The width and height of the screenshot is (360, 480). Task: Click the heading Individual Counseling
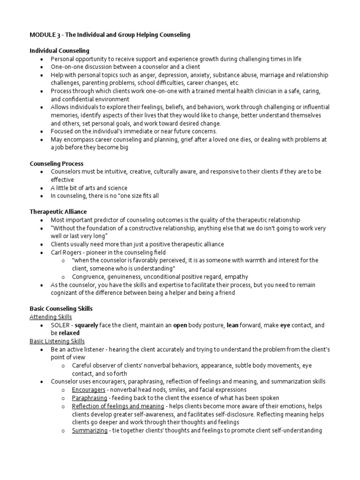tap(60, 51)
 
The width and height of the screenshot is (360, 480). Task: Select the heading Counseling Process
tap(56, 164)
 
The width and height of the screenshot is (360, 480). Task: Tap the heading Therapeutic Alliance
tap(58, 212)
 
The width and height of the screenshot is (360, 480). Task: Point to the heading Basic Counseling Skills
tap(61, 308)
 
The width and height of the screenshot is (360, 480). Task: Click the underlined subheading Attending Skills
tap(51, 317)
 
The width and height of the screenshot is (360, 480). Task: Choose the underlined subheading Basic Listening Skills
tap(57, 341)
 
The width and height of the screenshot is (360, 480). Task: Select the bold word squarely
tap(87, 325)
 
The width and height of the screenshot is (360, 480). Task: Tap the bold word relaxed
tap(69, 333)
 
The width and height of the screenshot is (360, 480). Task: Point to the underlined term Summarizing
tap(90, 430)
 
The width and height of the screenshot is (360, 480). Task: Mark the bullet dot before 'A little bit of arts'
tap(42, 188)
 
